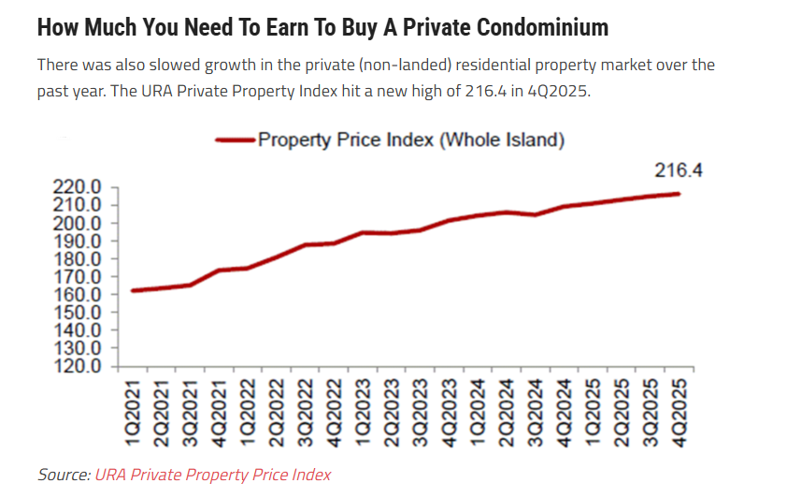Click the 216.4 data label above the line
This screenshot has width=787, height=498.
click(x=678, y=170)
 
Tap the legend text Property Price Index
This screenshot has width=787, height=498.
click(x=411, y=140)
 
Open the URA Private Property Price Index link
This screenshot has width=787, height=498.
click(x=212, y=475)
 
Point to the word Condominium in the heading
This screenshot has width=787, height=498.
click(x=542, y=27)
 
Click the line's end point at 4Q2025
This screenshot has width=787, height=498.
click(x=678, y=194)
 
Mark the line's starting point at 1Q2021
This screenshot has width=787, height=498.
click(x=133, y=290)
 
